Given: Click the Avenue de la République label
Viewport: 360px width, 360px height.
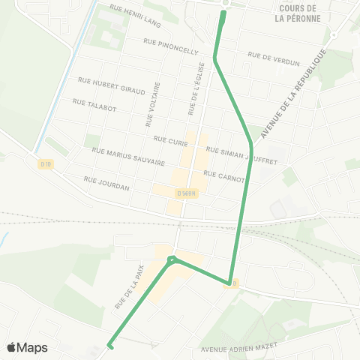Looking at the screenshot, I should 294,94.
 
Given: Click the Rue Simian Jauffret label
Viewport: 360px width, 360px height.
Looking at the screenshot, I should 241,154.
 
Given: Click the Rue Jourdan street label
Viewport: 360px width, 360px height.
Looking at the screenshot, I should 106,184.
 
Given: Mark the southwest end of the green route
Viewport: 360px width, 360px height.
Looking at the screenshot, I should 110,346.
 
